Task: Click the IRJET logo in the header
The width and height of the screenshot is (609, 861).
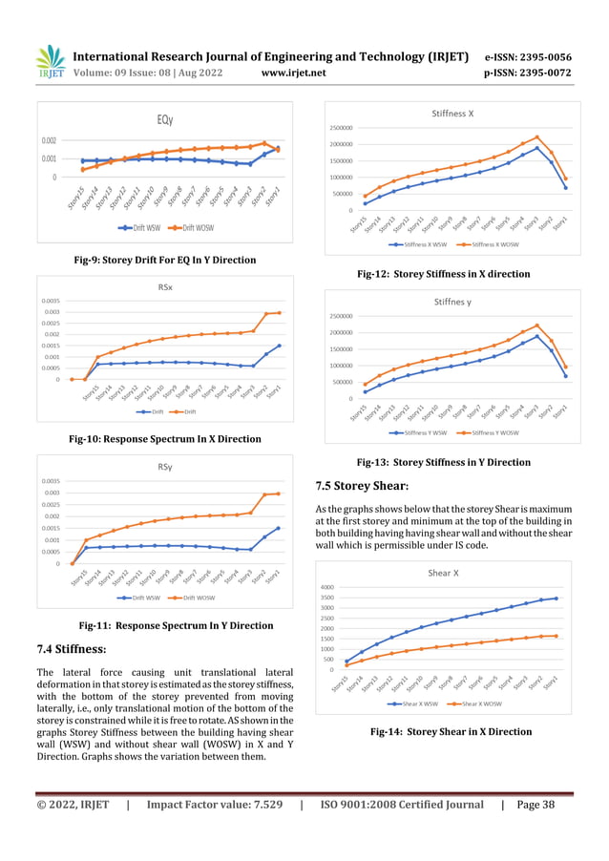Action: pos(50,61)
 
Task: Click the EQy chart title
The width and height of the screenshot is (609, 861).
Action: pos(164,119)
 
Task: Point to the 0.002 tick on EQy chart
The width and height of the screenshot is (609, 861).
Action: pos(48,140)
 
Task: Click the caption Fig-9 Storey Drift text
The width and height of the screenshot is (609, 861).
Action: pos(165,260)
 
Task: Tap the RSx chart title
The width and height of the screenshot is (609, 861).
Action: pos(164,286)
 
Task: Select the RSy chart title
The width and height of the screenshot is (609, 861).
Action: pos(164,467)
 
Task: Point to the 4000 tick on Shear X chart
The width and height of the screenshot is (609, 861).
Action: pos(351,587)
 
